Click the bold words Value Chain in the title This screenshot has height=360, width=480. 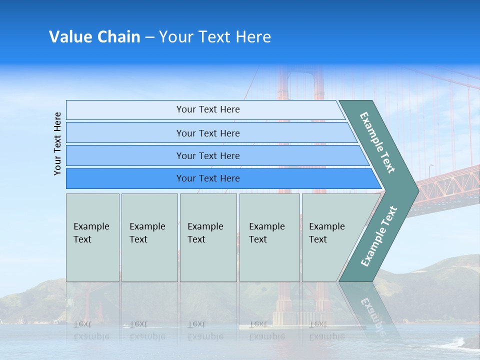point(94,37)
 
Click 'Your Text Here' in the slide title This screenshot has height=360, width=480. point(215,37)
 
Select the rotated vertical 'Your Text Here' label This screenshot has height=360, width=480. point(58,143)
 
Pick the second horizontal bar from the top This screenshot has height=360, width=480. point(208,133)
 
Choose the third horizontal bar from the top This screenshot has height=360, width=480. point(208,155)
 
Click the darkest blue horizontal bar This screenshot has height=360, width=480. point(208,178)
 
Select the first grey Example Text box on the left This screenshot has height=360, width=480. point(92,237)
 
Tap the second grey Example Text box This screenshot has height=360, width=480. point(149,237)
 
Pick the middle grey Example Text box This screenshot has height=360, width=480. point(208,237)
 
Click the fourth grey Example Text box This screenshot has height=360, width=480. point(269,237)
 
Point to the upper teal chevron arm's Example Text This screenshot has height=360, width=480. point(377,142)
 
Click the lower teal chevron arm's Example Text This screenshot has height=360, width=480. point(378,236)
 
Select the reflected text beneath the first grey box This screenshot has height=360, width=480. point(91,330)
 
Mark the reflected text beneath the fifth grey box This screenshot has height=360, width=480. point(326,330)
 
